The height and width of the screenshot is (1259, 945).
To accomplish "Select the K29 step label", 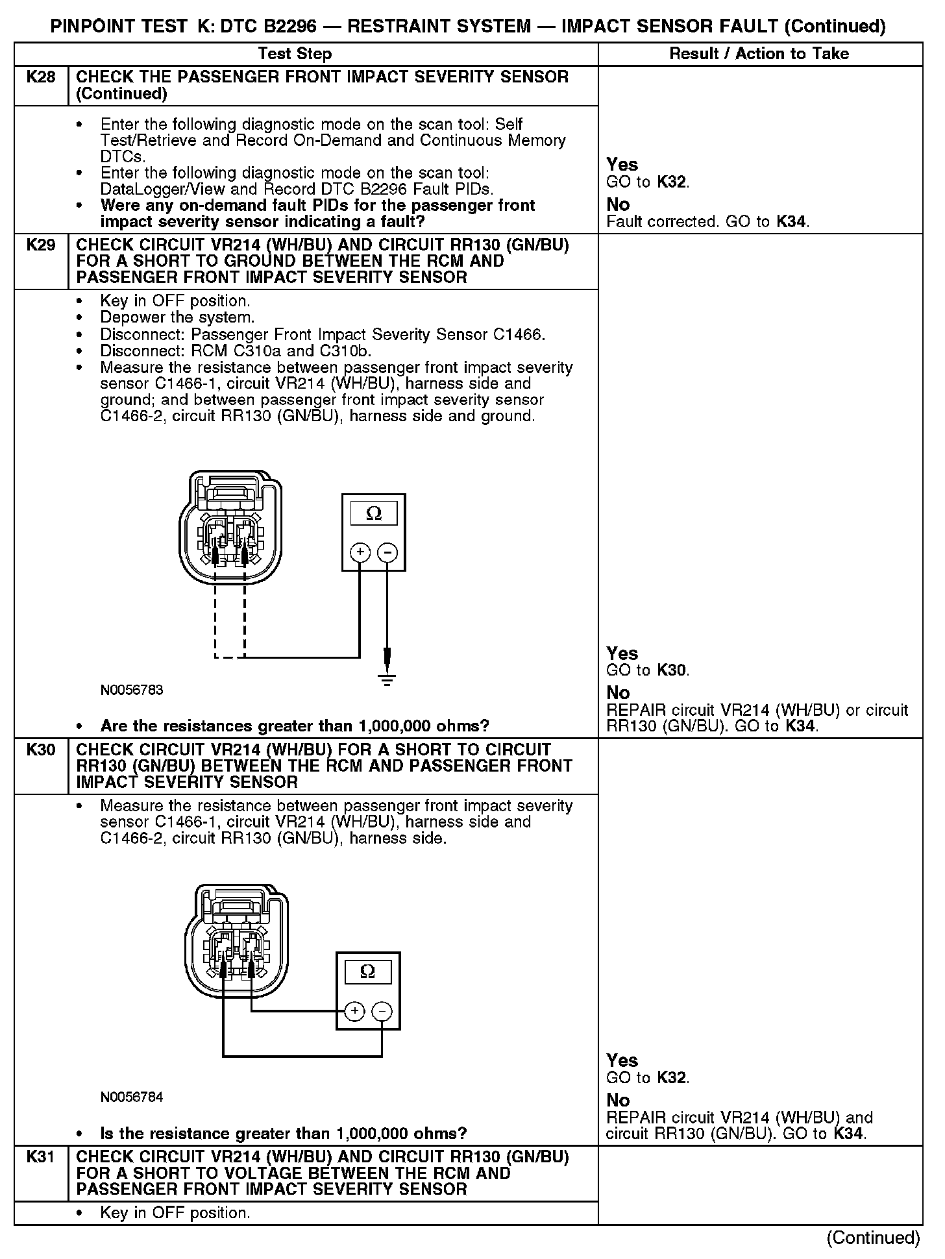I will (41, 245).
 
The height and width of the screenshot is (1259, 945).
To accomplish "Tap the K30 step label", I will (41, 750).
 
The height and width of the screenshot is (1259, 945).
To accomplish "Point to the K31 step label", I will (41, 1157).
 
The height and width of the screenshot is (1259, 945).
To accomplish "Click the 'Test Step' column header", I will (295, 54).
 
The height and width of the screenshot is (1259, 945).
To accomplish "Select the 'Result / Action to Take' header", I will (759, 54).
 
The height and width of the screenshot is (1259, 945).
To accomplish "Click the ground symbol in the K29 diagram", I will (387, 679).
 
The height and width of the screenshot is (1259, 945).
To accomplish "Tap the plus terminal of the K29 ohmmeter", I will (360, 553).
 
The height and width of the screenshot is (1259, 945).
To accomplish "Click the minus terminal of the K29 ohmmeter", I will (387, 553).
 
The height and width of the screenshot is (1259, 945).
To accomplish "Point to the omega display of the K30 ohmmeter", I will (367, 972).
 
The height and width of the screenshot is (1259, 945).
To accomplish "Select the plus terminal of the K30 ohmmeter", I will (354, 1011).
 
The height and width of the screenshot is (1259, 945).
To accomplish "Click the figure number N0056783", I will (132, 691).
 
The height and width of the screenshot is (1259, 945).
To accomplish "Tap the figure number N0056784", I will (132, 1097).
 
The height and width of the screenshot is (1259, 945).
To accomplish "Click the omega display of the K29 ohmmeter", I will (374, 513).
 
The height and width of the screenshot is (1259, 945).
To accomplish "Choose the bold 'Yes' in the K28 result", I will (622, 165).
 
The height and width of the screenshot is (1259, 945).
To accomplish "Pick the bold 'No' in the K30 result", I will (618, 1100).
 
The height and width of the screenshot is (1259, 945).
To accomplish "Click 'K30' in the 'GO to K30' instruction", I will (671, 670).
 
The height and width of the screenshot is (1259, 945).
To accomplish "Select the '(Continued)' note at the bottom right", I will (873, 1238).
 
